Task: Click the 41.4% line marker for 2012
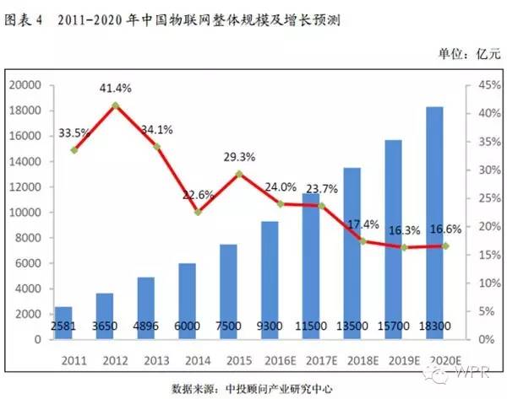tap(116, 105)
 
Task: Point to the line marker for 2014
tap(198, 212)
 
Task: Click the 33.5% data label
tap(74, 132)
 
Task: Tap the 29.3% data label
tap(240, 157)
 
